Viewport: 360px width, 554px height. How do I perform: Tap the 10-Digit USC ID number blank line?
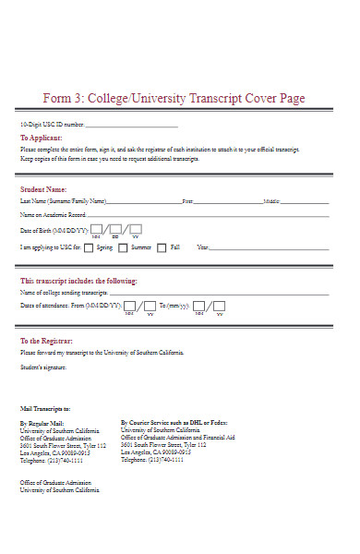tap(131, 126)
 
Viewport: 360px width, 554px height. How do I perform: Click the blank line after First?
tap(227, 201)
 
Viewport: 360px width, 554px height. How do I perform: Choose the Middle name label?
tap(271, 200)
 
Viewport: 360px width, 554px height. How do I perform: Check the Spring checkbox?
tap(88, 247)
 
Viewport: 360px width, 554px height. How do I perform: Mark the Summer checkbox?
tap(122, 247)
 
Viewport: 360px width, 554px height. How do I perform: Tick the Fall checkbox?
tap(162, 247)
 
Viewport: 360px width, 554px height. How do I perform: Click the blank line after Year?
tap(269, 248)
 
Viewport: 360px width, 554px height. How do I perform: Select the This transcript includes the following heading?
tap(78, 281)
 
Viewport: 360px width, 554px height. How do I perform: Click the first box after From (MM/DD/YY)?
tap(129, 306)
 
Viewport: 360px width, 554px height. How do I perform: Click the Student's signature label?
tap(43, 367)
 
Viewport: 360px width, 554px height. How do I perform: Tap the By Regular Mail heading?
tap(42, 423)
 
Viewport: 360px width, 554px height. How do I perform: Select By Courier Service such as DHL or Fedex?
tap(174, 423)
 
